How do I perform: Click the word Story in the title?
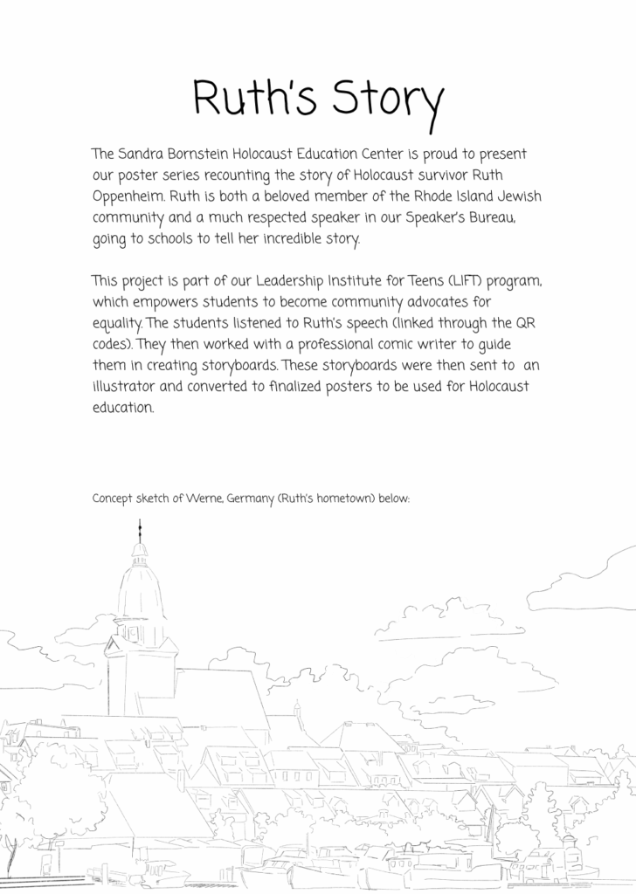pos(384,100)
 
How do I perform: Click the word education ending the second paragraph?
pos(123,407)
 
